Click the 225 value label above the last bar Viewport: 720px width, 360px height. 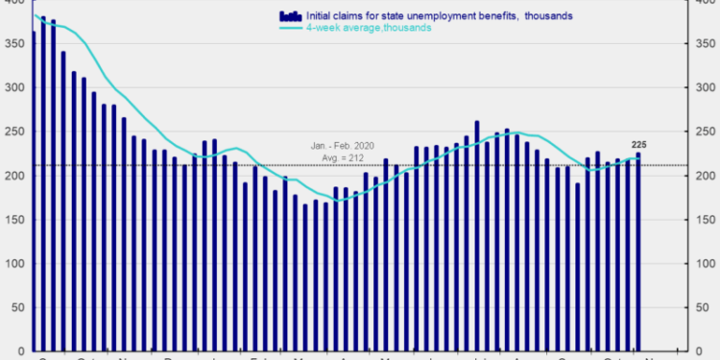(637, 145)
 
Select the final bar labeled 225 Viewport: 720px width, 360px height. (638, 250)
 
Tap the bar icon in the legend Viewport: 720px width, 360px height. (289, 15)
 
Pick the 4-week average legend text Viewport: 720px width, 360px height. (369, 28)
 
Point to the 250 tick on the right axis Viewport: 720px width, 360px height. (705, 132)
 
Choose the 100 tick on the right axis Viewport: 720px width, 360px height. (705, 264)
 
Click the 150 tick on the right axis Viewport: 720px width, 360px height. (705, 220)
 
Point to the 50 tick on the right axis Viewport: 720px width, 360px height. (702, 307)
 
